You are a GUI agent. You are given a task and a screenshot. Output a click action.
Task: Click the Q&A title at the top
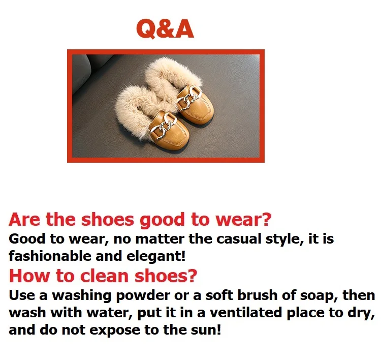point(165,28)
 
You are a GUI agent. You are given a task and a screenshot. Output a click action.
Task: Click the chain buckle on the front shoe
point(163,127)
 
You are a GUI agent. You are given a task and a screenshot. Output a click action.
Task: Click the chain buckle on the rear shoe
point(190,98)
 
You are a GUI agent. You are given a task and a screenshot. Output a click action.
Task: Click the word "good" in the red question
point(163,220)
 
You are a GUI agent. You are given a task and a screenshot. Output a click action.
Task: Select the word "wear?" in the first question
point(243,219)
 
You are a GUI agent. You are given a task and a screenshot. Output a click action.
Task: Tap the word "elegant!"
point(156,256)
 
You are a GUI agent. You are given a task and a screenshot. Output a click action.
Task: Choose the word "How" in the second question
point(29,276)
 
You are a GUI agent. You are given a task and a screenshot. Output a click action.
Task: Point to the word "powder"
point(143,296)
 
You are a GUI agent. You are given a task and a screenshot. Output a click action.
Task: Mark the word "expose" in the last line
point(115,331)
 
